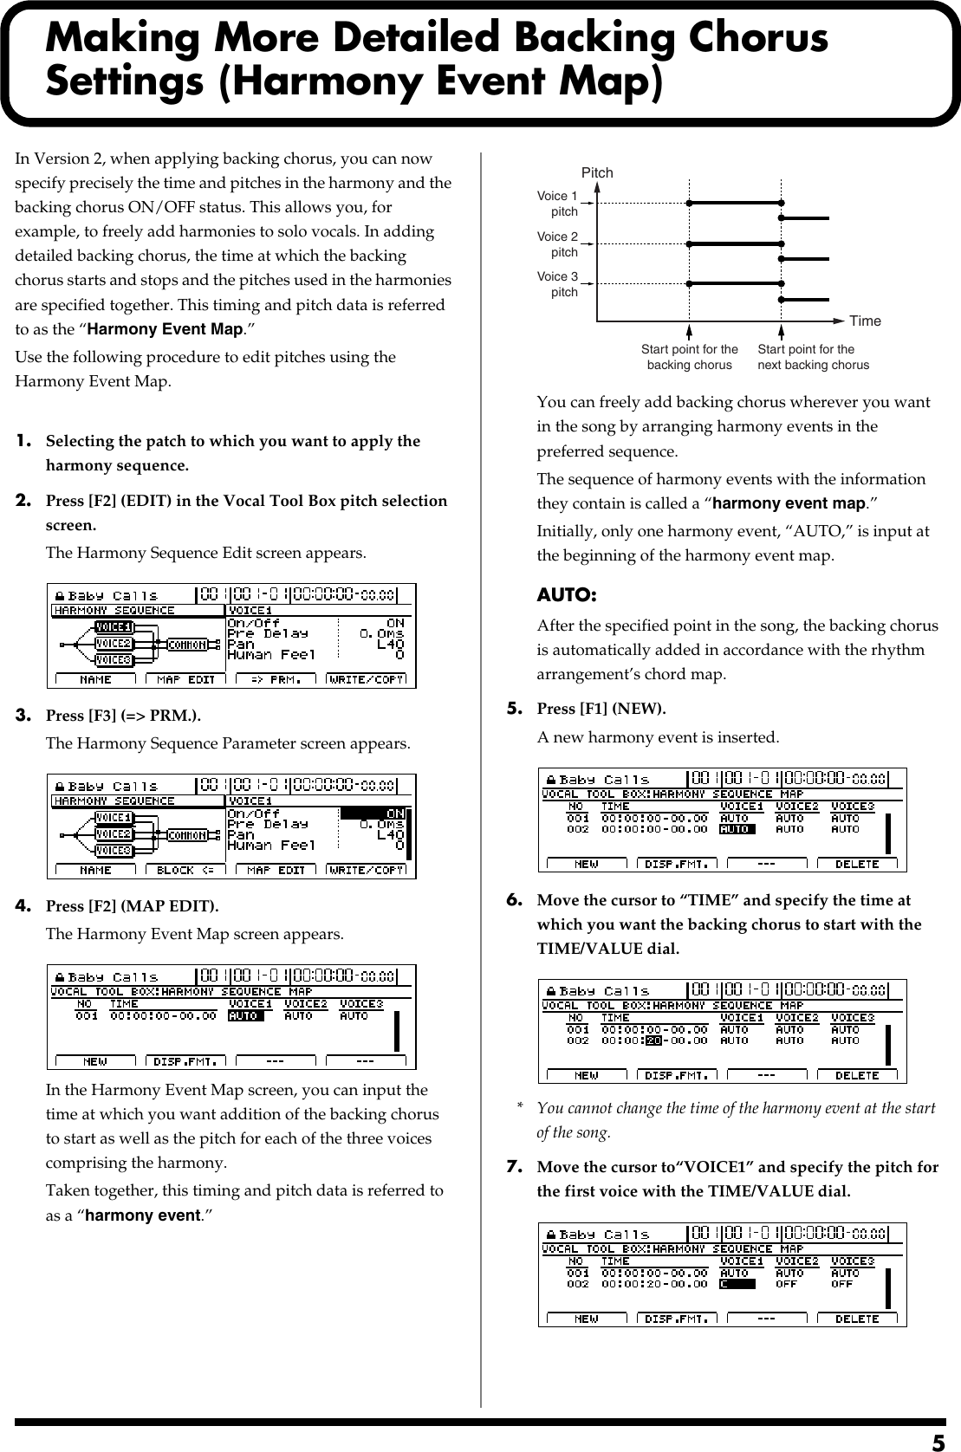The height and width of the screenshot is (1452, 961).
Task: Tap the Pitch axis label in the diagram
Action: click(597, 172)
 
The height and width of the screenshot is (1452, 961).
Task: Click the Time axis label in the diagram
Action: click(865, 321)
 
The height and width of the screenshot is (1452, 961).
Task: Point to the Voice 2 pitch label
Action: click(557, 244)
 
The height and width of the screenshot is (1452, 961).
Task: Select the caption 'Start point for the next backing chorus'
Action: click(813, 357)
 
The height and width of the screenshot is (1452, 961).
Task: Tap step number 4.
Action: click(25, 906)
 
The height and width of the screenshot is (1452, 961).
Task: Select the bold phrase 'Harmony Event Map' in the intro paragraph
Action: click(165, 329)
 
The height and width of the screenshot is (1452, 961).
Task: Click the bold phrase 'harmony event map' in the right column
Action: click(788, 503)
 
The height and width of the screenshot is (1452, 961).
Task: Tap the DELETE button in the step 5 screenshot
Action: click(856, 864)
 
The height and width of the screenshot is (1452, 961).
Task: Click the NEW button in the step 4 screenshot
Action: click(95, 1060)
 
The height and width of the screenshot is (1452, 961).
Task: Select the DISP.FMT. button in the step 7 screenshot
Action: click(678, 1319)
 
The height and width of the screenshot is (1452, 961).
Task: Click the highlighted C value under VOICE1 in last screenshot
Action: click(737, 1284)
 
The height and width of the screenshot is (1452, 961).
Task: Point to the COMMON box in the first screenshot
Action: click(187, 645)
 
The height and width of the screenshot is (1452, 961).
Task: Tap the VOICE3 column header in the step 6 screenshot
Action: click(853, 1018)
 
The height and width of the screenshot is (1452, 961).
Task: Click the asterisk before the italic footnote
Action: click(520, 1108)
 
